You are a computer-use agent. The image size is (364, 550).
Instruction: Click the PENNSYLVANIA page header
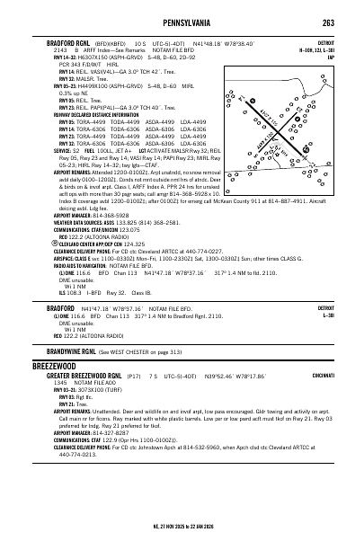pos(182,21)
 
